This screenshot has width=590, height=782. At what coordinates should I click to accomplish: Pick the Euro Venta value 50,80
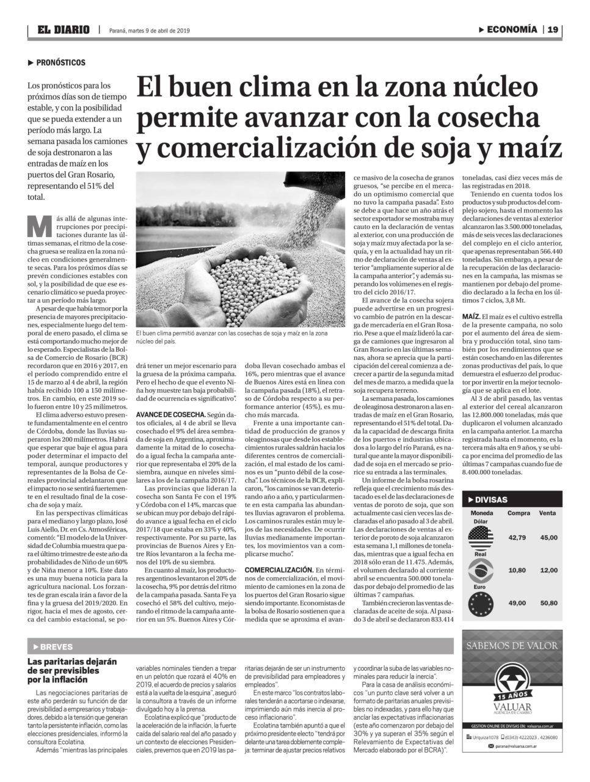click(548, 603)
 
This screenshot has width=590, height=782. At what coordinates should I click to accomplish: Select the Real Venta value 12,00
click(548, 571)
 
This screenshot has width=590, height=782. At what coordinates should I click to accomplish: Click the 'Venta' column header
click(548, 513)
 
